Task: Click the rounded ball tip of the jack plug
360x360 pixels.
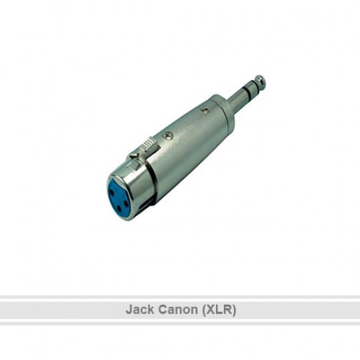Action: pos(260,81)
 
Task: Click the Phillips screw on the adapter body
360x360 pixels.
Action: pos(167,135)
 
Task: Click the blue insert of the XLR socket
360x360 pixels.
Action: pos(118,198)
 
